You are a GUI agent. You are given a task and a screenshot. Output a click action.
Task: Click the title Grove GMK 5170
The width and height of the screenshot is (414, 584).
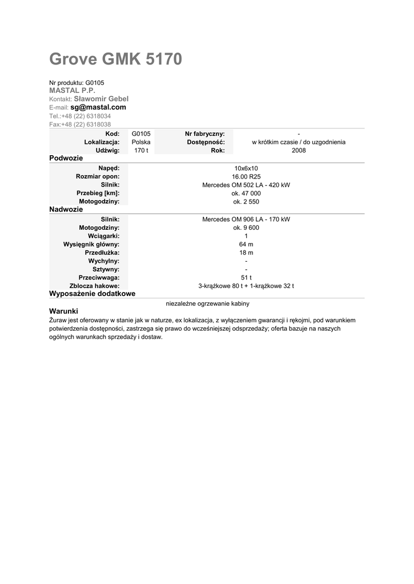115,59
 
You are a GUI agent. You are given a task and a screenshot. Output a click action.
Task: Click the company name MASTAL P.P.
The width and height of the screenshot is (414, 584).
72,91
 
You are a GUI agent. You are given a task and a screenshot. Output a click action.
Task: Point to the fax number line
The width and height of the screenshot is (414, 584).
80,124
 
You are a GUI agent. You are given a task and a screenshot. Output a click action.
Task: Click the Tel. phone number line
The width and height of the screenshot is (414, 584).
80,116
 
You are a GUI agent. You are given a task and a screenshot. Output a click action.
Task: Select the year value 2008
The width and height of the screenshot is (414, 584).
299,151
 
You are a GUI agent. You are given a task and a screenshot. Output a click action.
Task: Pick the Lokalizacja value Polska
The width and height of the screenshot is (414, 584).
141,142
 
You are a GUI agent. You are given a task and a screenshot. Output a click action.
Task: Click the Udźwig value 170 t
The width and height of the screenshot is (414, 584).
141,151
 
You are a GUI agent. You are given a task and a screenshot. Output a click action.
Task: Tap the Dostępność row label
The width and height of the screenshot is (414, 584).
206,142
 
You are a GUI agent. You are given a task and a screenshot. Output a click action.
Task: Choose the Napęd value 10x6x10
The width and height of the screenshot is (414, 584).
246,168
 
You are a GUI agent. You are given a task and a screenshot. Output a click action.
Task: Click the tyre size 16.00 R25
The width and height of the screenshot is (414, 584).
246,177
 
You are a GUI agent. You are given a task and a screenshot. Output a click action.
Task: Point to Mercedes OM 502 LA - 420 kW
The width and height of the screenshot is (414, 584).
246,185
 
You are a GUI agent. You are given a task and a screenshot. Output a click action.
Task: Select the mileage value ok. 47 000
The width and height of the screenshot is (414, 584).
246,193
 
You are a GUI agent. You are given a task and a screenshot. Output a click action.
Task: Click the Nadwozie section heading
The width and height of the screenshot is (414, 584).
66,210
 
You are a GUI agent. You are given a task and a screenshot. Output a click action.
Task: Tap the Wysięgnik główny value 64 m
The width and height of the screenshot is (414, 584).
246,244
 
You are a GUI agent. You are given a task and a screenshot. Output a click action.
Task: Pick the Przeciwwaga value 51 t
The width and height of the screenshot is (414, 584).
246,278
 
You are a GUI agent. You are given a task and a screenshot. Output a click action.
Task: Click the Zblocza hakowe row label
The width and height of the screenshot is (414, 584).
94,286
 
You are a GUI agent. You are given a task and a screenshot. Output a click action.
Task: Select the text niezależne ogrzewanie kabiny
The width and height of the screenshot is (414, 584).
207,303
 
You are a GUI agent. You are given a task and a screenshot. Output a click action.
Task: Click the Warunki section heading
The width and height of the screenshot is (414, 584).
63,311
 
